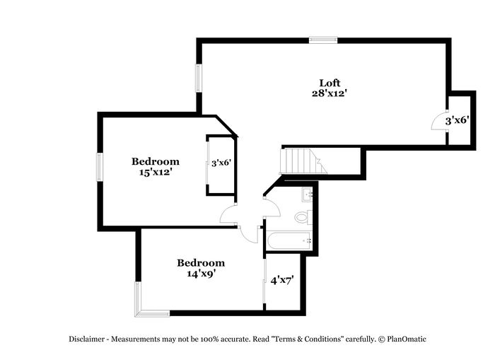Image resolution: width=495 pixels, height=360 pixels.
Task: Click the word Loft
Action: point(329,82)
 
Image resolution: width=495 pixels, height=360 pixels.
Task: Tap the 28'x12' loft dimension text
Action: point(329,93)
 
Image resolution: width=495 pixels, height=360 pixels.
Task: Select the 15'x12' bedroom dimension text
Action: point(155,172)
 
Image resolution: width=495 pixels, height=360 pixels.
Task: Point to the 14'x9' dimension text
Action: point(200,273)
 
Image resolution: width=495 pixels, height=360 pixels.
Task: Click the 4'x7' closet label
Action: point(282,280)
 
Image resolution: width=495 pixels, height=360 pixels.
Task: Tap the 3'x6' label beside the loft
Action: point(457,120)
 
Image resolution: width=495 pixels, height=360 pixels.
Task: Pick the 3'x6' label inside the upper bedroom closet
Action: point(221,163)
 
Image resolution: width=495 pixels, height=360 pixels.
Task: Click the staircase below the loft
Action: point(303,161)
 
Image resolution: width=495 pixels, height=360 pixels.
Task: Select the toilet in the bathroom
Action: point(303,217)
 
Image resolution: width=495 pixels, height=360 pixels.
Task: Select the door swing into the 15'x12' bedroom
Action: point(228,215)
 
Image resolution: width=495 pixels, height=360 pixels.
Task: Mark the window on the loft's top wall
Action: point(322,40)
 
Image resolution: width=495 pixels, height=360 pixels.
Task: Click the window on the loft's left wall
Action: point(199,76)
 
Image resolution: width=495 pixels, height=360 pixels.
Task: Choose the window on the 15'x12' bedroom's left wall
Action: point(100,168)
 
